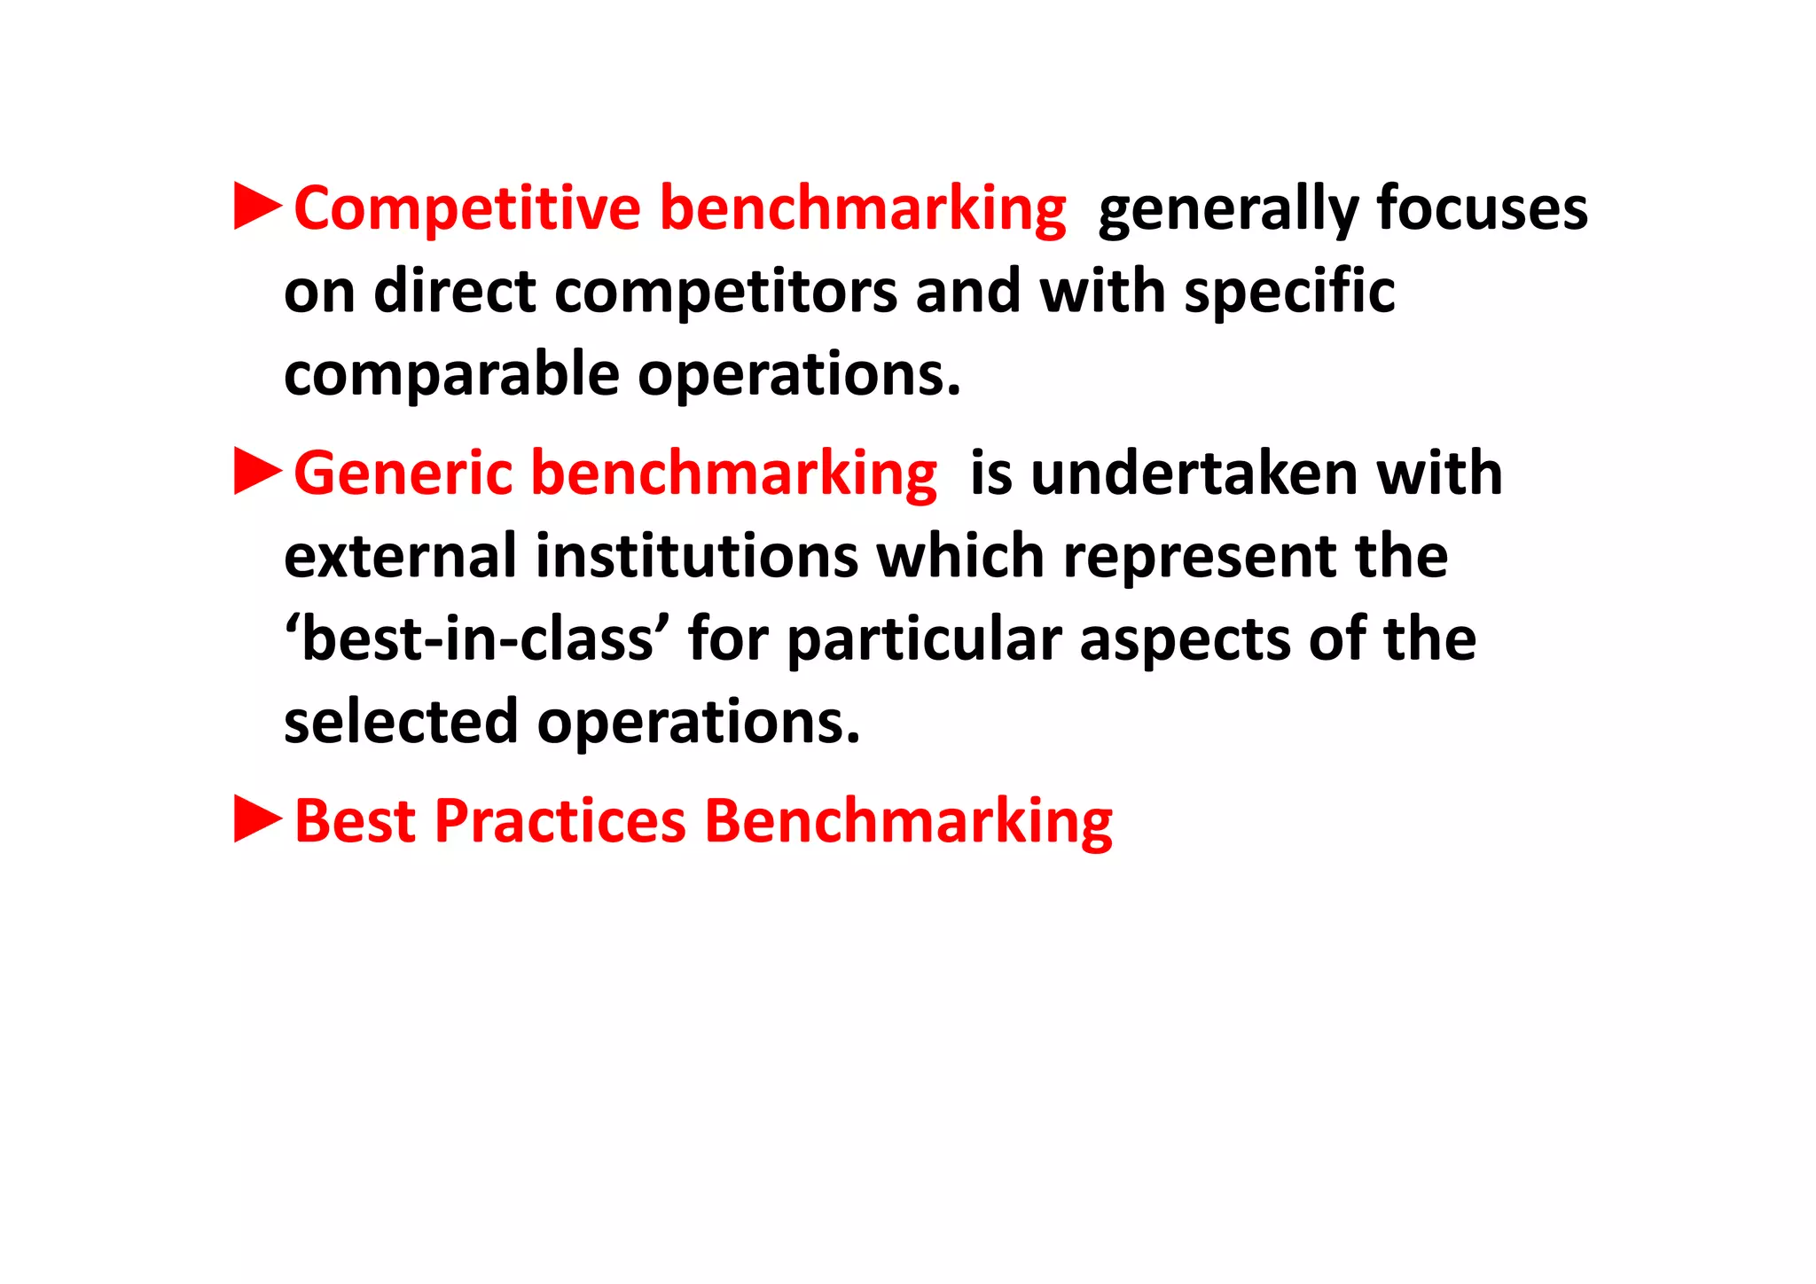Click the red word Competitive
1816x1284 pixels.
[467, 208]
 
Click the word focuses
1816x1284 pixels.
[1482, 208]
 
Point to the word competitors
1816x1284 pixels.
[725, 293]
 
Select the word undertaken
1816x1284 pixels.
[1194, 474]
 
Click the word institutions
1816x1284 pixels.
[697, 556]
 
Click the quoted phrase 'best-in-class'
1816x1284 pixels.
[477, 639]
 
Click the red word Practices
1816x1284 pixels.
[560, 821]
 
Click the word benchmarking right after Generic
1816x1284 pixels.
[733, 474]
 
